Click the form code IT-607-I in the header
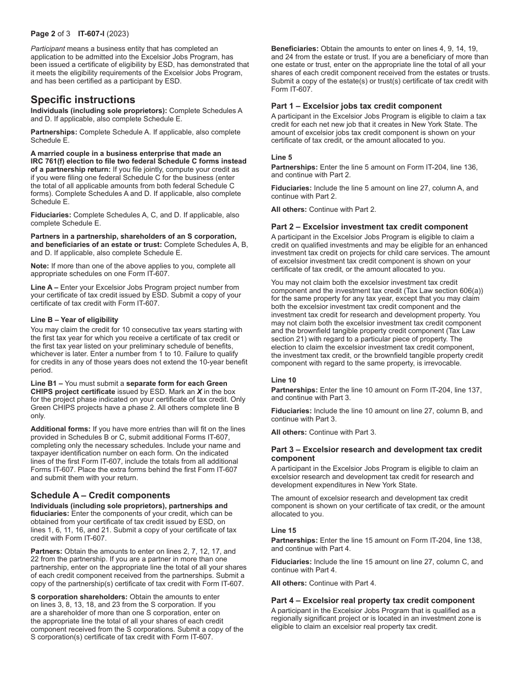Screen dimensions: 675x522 pos(84,33)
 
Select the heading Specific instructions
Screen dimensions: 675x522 pos(82,99)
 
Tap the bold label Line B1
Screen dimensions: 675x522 pos(44,383)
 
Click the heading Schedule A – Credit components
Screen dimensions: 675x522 pos(100,495)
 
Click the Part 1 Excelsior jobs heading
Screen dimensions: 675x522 pos(356,106)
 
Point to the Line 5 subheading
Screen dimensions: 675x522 pos(282,157)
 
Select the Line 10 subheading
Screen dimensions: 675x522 pos(284,380)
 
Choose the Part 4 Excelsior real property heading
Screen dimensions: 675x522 pos(373,600)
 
